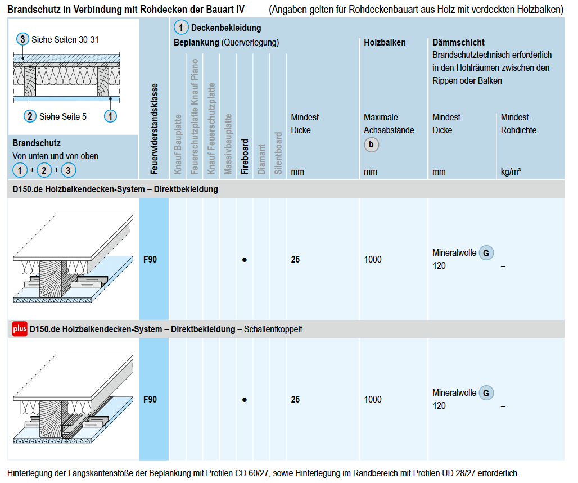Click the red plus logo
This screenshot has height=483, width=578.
[x=20, y=329]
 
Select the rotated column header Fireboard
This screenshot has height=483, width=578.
[x=245, y=157]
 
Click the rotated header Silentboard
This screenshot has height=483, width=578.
[x=278, y=152]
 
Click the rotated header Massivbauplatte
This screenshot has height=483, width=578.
[x=228, y=144]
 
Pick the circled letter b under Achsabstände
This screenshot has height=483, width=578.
[x=371, y=145]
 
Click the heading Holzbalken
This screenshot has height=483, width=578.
[x=385, y=42]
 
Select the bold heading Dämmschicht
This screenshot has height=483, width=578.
[x=458, y=42]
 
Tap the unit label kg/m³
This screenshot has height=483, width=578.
[x=511, y=171]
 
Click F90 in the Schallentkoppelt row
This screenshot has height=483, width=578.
[x=150, y=399]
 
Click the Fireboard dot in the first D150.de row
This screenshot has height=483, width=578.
[x=245, y=260]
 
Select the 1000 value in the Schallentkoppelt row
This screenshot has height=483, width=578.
[x=373, y=399]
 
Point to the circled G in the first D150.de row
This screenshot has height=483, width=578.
[x=486, y=253]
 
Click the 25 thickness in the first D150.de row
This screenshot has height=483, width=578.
[x=295, y=260]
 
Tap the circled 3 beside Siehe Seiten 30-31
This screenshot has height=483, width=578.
[x=22, y=39]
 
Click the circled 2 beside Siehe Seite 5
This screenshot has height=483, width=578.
[x=30, y=116]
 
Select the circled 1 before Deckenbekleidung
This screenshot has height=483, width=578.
[x=181, y=28]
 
